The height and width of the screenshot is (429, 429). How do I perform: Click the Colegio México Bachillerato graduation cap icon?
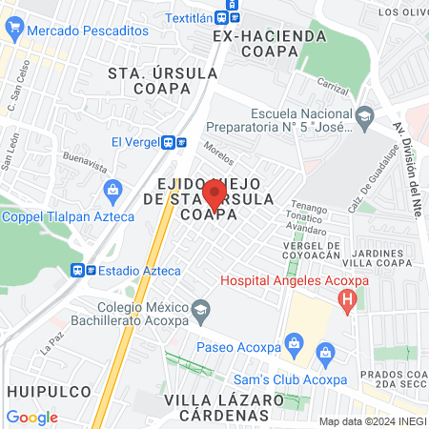click(200, 309)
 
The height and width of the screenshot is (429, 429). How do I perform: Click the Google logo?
click(31, 417)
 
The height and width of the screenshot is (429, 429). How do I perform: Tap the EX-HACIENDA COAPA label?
click(270, 44)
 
